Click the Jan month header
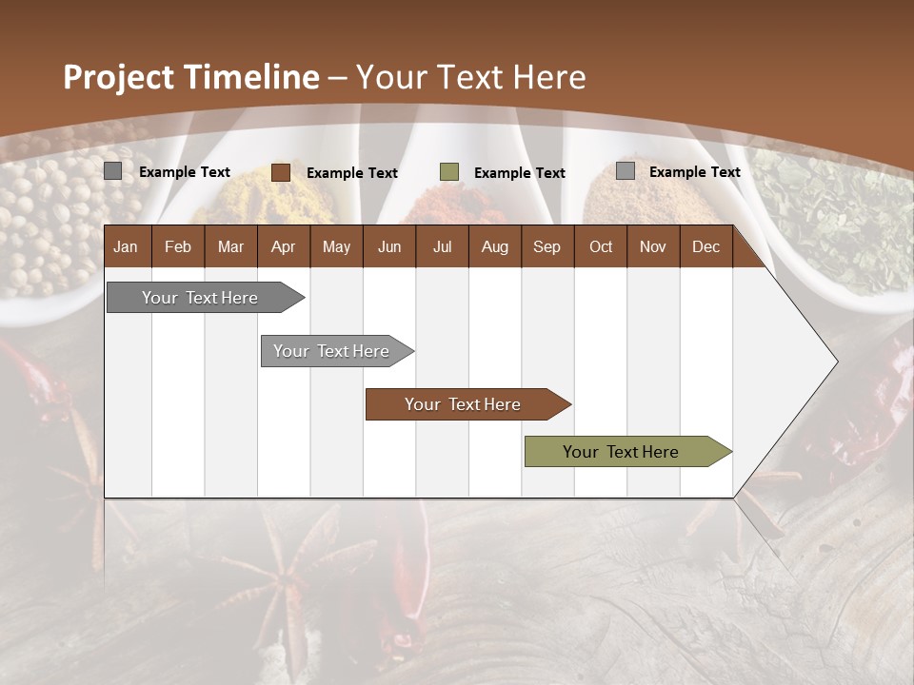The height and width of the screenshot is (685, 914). click(126, 246)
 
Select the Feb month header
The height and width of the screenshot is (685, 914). click(178, 246)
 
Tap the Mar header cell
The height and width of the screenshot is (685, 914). click(230, 246)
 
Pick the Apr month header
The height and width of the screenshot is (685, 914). click(283, 246)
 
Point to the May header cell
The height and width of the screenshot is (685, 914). click(336, 246)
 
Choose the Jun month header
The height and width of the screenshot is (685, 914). click(389, 246)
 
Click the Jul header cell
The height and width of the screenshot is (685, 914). click(442, 246)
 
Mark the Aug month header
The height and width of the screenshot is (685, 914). click(494, 246)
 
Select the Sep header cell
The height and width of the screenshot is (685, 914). click(546, 246)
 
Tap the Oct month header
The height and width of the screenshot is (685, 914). click(601, 246)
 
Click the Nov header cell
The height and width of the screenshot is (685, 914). click(653, 246)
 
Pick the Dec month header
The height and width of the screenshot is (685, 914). click(705, 246)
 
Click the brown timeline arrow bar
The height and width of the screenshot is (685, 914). click(463, 404)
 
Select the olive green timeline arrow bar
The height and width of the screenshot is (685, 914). click(621, 452)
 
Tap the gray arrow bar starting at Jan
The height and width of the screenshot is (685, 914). click(200, 298)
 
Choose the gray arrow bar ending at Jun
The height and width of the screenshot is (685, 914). click(331, 351)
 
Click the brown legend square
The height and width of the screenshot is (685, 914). click(281, 172)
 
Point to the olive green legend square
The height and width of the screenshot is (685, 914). click(449, 172)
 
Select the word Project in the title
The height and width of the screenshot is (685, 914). click(118, 77)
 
